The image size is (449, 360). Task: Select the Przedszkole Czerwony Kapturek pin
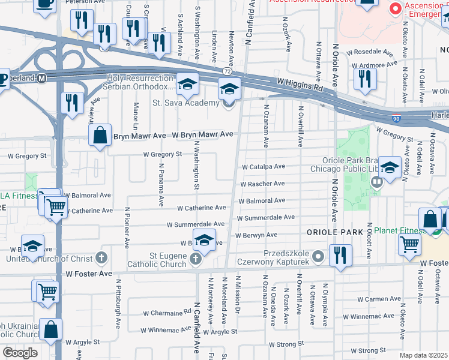(318, 256)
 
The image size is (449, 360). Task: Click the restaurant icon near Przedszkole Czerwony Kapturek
(340, 254)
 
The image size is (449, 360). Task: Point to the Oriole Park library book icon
(376, 181)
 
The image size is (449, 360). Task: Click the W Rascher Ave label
(262, 184)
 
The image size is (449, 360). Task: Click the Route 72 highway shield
(226, 71)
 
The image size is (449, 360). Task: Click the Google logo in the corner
(20, 353)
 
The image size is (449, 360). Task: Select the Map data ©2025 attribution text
(424, 355)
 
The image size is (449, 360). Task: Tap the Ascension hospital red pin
(396, 9)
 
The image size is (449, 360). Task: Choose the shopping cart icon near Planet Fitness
(410, 244)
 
